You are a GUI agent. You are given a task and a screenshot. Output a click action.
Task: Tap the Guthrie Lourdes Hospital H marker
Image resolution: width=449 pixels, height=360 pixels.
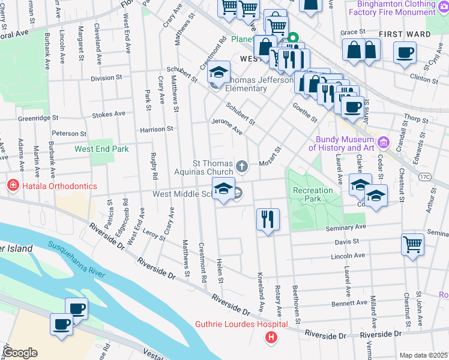click(271, 338)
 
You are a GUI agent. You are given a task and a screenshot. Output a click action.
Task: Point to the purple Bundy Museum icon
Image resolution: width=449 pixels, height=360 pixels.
click(384, 143)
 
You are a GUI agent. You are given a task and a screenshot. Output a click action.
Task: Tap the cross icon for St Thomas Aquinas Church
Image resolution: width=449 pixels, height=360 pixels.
click(241, 166)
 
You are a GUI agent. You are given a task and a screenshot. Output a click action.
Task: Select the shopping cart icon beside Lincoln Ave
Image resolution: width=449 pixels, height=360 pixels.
click(412, 244)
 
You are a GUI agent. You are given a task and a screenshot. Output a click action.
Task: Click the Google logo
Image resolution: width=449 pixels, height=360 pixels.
click(20, 353)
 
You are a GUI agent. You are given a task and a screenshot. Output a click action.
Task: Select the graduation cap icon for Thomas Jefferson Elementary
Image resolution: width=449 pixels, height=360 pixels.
click(219, 73)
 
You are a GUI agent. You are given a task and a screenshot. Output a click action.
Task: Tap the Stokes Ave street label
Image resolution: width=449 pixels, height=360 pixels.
click(109, 113)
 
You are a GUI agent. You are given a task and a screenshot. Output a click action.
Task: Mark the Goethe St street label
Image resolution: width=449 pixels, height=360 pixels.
click(304, 112)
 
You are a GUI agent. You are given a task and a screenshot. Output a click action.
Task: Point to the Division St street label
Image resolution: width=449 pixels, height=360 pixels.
click(106, 78)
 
